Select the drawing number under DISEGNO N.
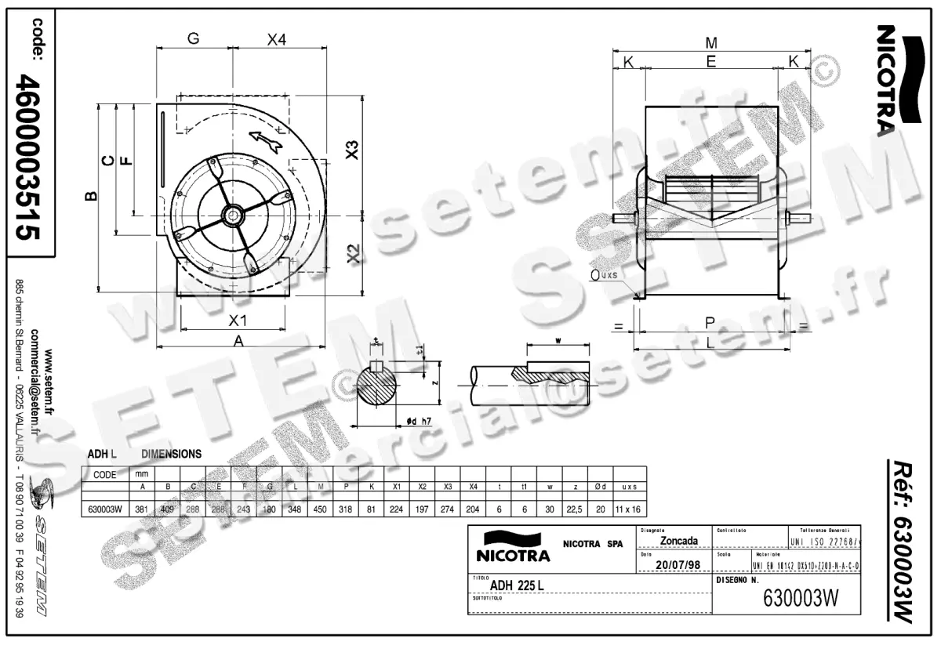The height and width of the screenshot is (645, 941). pyautogui.click(x=801, y=599)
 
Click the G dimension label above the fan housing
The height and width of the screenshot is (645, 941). pyautogui.click(x=193, y=38)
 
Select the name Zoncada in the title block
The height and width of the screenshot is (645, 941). pyautogui.click(x=680, y=541)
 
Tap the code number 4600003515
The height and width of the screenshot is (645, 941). pyautogui.click(x=31, y=157)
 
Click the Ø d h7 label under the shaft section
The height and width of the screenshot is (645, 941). pyautogui.click(x=420, y=422)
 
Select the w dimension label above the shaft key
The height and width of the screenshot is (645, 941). pyautogui.click(x=557, y=339)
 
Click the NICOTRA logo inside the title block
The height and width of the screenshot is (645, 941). pyautogui.click(x=514, y=547)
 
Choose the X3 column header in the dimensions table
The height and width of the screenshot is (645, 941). pyautogui.click(x=447, y=486)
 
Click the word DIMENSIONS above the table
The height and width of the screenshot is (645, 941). pyautogui.click(x=171, y=454)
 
